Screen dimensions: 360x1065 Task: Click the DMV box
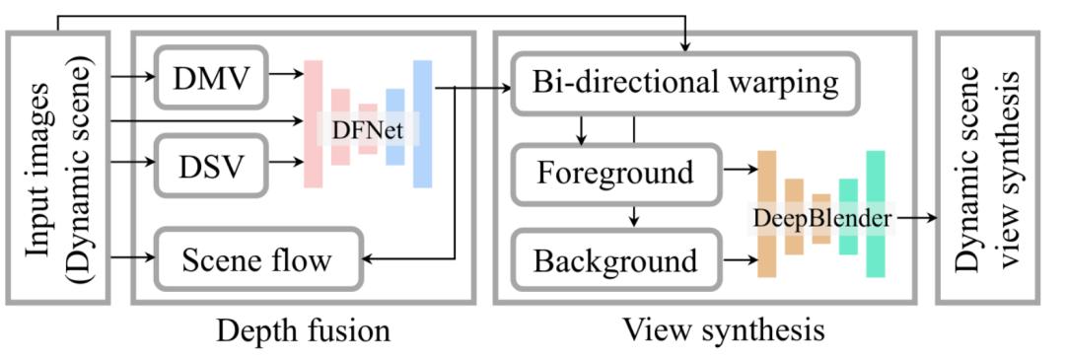211,78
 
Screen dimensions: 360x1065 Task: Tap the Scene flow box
257,260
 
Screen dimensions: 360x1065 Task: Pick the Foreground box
615,173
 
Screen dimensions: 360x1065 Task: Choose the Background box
615,261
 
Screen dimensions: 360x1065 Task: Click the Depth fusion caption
303,329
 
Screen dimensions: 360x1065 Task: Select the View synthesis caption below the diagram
724,329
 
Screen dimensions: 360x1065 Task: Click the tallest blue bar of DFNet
422,123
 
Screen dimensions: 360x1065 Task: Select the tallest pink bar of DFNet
314,123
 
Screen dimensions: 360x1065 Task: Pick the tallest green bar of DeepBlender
875,214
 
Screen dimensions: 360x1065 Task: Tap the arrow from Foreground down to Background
634,215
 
